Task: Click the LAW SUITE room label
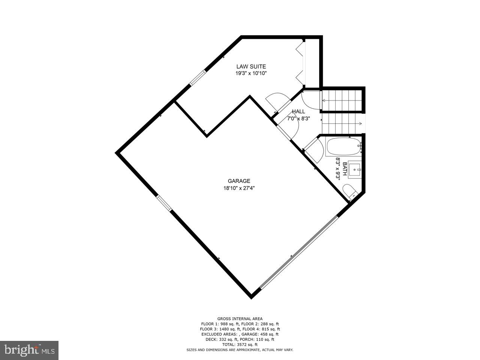click(x=251, y=67)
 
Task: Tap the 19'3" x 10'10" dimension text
click(x=251, y=73)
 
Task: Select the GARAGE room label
click(x=239, y=181)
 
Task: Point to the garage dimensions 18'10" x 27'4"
click(x=239, y=188)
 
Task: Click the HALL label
click(x=298, y=111)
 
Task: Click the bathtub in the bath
click(x=343, y=147)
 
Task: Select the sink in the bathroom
click(x=354, y=169)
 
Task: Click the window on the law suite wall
click(x=197, y=78)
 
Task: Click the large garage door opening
click(x=298, y=252)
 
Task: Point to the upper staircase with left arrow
click(x=342, y=100)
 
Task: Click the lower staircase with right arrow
click(x=342, y=123)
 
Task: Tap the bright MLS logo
click(x=29, y=350)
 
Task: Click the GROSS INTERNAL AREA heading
click(x=240, y=319)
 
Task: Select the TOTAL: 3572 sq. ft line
click(x=240, y=344)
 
